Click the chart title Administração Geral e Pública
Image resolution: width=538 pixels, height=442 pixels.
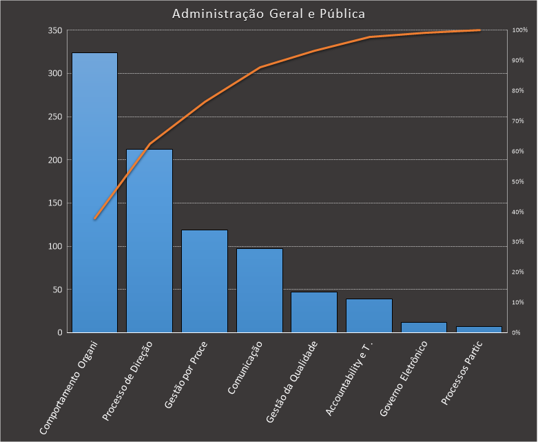click(x=269, y=14)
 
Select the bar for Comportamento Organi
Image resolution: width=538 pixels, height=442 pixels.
click(x=94, y=193)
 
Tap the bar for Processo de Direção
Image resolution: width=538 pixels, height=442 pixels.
click(x=149, y=241)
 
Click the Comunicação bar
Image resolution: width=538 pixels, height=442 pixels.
click(x=259, y=290)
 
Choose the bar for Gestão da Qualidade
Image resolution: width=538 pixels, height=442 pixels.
click(x=314, y=312)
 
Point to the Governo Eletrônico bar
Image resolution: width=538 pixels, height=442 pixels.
click(x=424, y=328)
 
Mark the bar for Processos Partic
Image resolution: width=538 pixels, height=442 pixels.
click(x=479, y=330)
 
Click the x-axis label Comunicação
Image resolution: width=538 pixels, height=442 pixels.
click(x=246, y=368)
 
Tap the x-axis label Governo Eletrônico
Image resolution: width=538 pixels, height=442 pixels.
click(x=404, y=378)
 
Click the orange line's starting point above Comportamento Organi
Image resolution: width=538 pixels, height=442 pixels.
click(x=95, y=219)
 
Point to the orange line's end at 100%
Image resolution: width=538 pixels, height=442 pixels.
click(x=479, y=30)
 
